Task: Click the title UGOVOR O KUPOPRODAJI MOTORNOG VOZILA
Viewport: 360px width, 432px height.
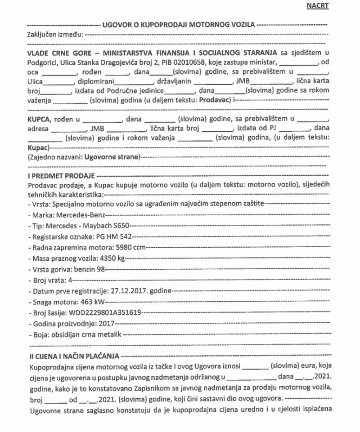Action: pos(179,24)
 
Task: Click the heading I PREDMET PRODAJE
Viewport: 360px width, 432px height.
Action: pos(56,175)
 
